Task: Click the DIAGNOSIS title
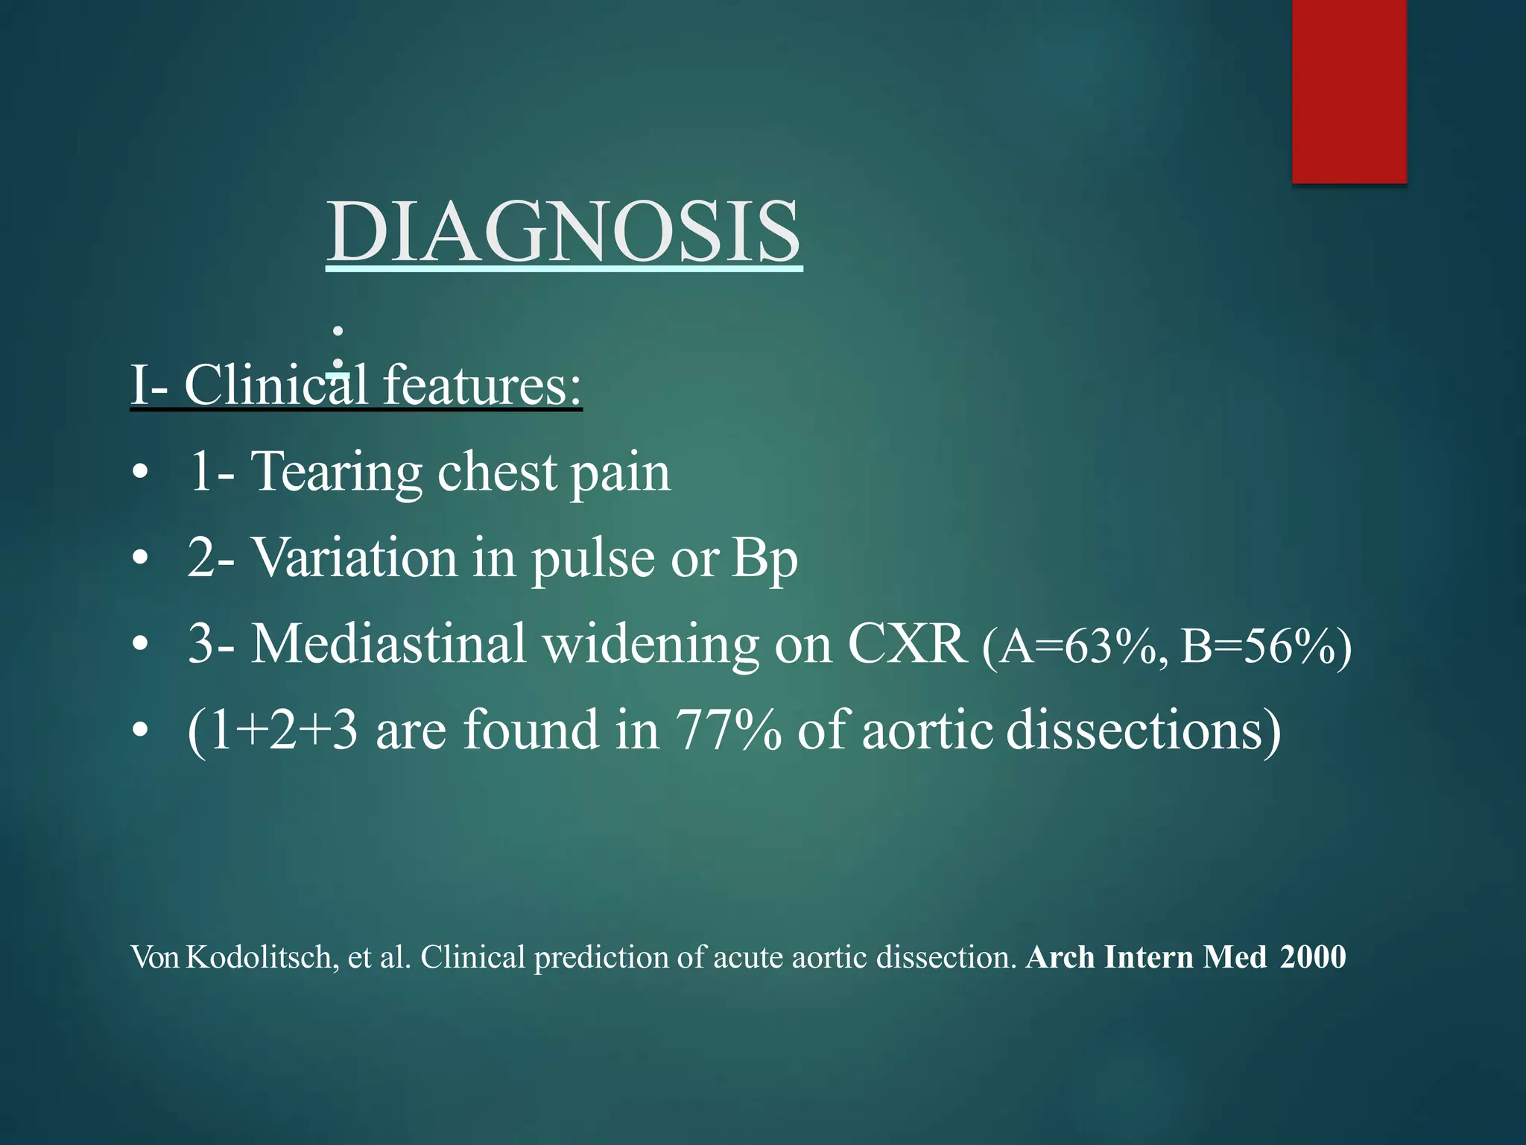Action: point(564,232)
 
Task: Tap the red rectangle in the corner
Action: point(1349,91)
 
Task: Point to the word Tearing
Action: point(335,473)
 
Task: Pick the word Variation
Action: point(355,558)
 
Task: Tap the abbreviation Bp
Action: point(764,559)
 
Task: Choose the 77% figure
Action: point(729,730)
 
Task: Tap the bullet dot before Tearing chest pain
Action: point(139,473)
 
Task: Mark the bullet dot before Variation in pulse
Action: point(139,558)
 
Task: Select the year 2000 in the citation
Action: point(1313,957)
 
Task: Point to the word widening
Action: point(650,643)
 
